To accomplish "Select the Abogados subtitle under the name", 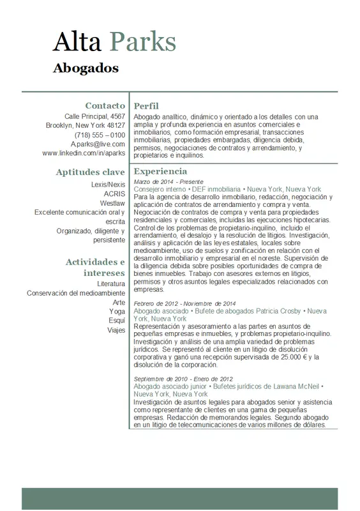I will [86, 68].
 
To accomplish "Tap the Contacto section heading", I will [105, 105].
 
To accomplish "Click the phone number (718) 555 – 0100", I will [100, 135].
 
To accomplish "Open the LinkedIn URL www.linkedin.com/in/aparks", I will [84, 153].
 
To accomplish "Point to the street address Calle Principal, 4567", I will [95, 117].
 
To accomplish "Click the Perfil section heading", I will [146, 106].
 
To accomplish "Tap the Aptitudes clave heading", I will [90, 172].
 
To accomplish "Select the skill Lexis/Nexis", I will [109, 185].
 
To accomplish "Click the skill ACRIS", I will [114, 194].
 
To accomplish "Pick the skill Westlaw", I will [112, 203].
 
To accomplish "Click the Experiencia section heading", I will [160, 172].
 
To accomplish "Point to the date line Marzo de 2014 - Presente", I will [169, 182].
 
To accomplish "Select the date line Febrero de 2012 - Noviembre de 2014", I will [185, 303].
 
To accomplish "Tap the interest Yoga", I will [117, 312].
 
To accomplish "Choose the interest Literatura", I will [111, 284].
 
